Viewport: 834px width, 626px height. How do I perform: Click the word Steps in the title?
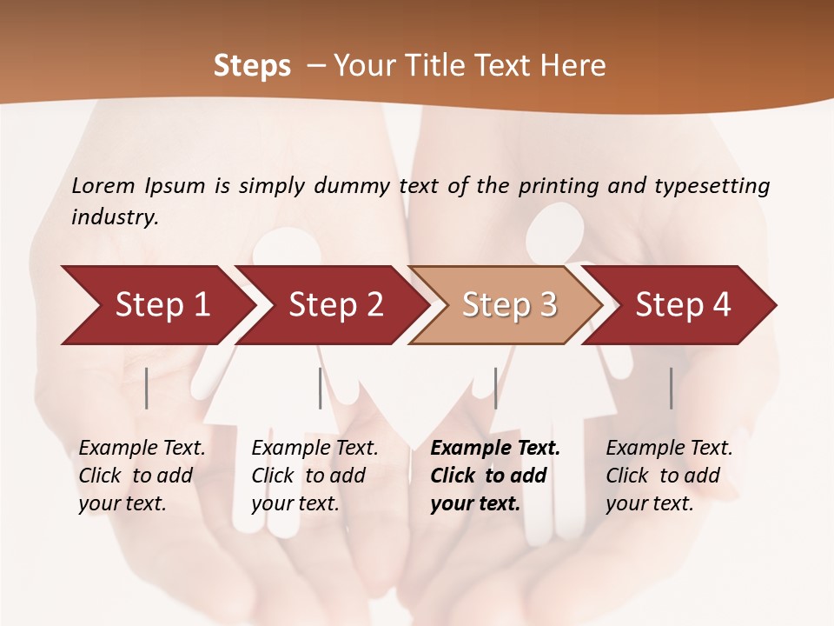(252, 66)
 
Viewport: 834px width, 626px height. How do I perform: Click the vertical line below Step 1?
(147, 388)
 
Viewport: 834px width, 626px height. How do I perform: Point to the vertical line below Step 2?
(321, 388)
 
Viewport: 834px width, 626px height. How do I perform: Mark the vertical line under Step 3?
(495, 388)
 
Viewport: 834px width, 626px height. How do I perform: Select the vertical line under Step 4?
(672, 388)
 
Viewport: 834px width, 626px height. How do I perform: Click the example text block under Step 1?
(142, 476)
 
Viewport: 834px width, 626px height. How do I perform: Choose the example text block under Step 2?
(314, 476)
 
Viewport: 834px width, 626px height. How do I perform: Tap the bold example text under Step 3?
(494, 476)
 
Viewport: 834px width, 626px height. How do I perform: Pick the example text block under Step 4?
(669, 476)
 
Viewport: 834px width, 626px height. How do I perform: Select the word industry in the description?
(114, 217)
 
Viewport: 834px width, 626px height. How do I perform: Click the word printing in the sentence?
(559, 186)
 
